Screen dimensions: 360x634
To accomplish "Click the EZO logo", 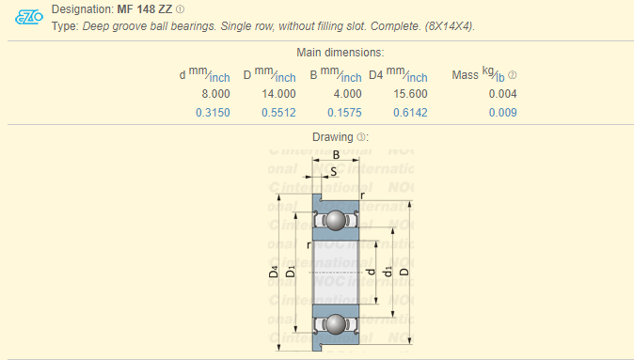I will pos(30,17).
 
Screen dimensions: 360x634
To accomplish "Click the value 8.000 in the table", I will pos(215,94).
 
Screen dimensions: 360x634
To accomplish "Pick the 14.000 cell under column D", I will pos(280,94).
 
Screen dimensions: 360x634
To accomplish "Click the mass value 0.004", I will pos(502,94).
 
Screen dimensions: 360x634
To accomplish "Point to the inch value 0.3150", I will pos(213,113).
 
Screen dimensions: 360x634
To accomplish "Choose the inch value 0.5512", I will pos(279,113).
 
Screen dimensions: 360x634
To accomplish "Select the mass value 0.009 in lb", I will pos(502,113).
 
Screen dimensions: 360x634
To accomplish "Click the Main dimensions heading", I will pos(341,54).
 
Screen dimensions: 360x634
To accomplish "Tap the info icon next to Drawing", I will pos(361,137).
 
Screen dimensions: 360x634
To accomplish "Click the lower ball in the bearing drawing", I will pos(335,324).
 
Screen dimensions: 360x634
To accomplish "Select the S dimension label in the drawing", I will pos(334,170).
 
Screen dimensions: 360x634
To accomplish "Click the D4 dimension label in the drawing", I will pos(274,273).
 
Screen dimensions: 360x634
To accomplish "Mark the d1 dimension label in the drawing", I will pos(388,273).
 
